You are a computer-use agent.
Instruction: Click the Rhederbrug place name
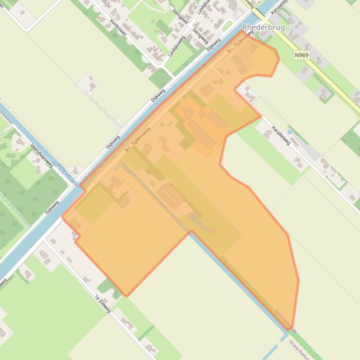tap(264, 28)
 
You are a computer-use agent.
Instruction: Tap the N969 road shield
tap(301, 55)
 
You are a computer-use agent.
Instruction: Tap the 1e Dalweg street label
tap(103, 304)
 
